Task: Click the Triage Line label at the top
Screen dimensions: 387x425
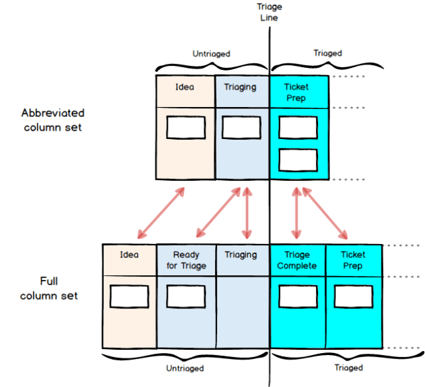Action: coord(269,12)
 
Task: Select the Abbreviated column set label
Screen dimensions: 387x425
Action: coord(52,120)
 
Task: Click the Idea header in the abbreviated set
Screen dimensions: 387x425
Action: coord(185,87)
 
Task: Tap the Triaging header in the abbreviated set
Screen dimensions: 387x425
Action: coord(240,87)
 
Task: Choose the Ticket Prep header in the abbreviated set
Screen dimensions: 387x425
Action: coord(296,92)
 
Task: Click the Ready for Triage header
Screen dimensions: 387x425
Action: coord(187,260)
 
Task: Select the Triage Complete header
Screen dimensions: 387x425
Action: coord(297,260)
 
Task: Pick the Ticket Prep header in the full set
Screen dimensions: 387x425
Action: coord(353,260)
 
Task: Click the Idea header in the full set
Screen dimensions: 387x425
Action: coord(129,255)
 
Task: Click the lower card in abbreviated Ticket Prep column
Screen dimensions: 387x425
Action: coord(297,160)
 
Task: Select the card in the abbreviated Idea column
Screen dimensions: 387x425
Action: coord(185,128)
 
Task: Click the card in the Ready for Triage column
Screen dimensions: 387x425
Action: coord(187,297)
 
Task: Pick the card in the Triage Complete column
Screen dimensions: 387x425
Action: coord(297,297)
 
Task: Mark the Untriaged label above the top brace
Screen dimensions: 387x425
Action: coord(212,53)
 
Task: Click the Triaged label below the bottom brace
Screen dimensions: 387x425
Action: coord(349,368)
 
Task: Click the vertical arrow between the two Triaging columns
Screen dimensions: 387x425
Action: coord(247,213)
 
